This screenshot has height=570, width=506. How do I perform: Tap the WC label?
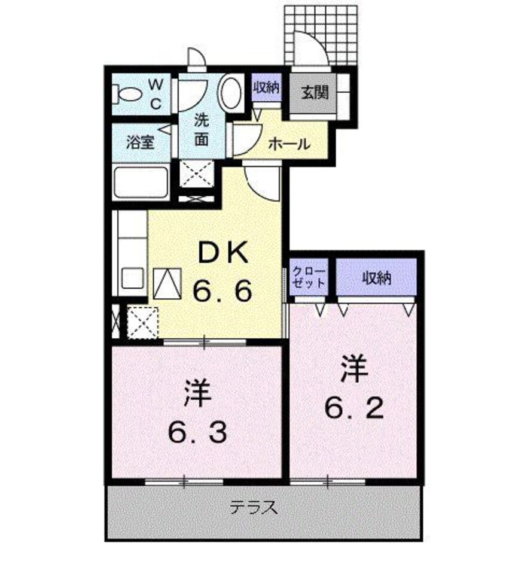pos(154,93)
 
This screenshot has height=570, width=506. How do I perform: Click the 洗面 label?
pos(202,128)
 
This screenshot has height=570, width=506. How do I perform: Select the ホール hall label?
pos(289,144)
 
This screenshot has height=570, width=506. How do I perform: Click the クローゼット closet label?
pos(309,277)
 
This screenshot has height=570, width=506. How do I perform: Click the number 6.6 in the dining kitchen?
pos(222,292)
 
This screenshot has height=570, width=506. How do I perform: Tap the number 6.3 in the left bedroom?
pos(197,432)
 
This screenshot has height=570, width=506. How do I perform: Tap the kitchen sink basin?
pos(133,278)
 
